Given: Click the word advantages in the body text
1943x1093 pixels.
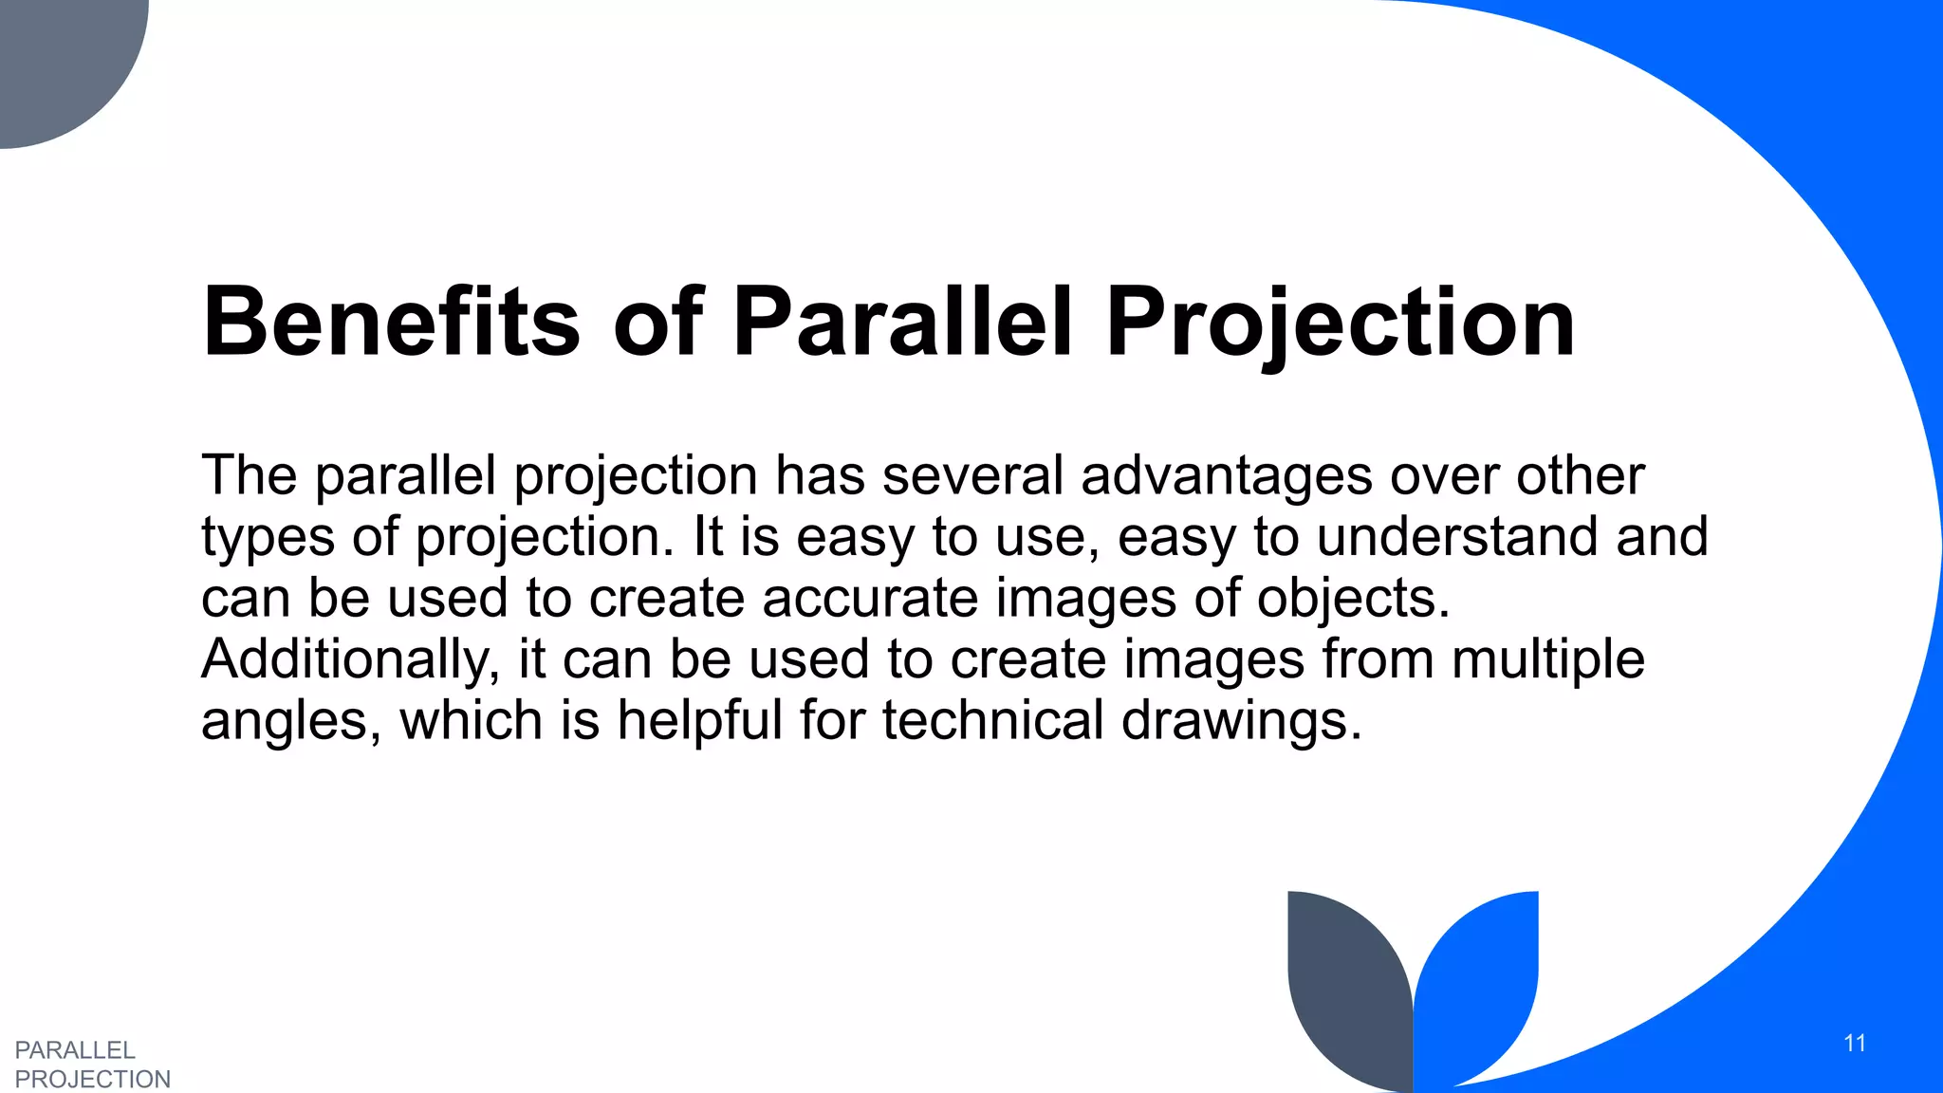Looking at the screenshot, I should (x=1226, y=475).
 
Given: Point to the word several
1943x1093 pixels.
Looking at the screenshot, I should (x=972, y=475).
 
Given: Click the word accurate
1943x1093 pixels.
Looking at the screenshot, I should (x=869, y=599).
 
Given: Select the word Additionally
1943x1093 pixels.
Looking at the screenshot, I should (x=350, y=659).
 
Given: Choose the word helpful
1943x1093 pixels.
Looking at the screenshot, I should (x=698, y=721).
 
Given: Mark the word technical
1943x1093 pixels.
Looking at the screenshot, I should (x=992, y=721).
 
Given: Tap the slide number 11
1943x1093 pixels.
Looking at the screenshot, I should (x=1855, y=1044).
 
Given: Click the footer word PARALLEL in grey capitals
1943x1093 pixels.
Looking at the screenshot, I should (x=75, y=1050).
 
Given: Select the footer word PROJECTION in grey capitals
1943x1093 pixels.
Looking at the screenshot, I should (x=93, y=1080).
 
